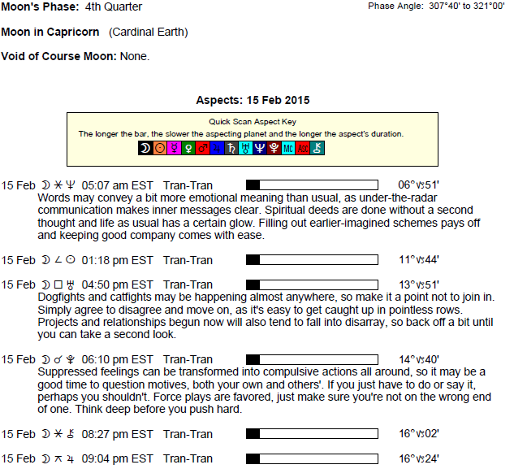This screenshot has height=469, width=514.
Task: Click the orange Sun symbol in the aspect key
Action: pos(160,149)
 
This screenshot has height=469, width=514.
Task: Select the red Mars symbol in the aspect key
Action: pos(203,149)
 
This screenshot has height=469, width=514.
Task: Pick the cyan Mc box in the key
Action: pos(289,149)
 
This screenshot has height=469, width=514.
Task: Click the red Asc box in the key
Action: pos(304,149)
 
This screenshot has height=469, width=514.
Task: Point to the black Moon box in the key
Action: pos(145,149)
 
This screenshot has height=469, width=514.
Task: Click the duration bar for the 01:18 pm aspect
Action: pos(312,260)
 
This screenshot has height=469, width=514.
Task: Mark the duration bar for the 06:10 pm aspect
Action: pos(312,359)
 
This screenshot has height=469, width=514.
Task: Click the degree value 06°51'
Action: pos(418,185)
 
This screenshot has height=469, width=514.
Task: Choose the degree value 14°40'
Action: pos(418,359)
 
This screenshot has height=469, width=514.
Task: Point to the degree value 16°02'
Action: pos(418,435)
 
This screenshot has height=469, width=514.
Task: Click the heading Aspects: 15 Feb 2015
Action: pos(253,101)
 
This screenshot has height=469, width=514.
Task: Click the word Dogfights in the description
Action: pos(61,297)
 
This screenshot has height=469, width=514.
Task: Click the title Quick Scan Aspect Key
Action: pos(252,122)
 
